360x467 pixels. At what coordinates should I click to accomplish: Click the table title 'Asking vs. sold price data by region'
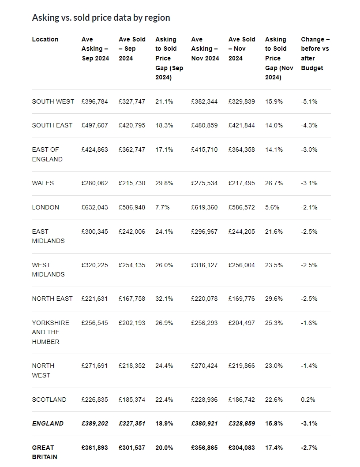tap(101, 18)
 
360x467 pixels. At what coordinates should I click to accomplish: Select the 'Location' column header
tap(45, 39)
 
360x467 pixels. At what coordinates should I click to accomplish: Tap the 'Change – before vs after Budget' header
tap(315, 54)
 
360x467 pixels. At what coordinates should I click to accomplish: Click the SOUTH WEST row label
tap(53, 101)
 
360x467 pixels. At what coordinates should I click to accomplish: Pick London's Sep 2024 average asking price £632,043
tap(95, 207)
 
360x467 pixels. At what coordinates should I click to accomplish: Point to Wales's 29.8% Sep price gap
tap(164, 183)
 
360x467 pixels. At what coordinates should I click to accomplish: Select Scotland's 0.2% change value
tap(308, 400)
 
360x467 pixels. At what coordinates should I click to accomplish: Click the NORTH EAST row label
tap(52, 299)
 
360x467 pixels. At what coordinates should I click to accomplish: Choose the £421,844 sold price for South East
tap(242, 125)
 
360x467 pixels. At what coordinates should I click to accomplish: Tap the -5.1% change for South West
tap(309, 101)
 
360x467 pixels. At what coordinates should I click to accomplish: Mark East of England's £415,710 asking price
tap(204, 149)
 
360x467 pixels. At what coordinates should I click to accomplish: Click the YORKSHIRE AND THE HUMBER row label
tap(51, 333)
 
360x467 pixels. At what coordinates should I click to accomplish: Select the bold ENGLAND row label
tap(48, 423)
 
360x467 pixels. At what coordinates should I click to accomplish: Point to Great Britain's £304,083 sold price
tap(242, 448)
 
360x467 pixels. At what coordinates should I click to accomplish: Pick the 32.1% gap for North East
tap(164, 299)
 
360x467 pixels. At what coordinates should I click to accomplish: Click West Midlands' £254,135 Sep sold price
tap(132, 265)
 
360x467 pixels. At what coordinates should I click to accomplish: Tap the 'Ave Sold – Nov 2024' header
tap(242, 49)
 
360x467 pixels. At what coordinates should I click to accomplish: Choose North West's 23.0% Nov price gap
tap(274, 366)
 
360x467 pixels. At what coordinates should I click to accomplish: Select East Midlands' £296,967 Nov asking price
tap(204, 232)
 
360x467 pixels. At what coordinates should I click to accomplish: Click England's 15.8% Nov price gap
tap(274, 423)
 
